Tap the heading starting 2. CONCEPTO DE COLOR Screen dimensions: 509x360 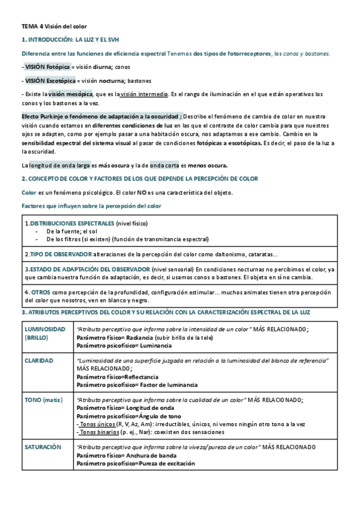(139, 178)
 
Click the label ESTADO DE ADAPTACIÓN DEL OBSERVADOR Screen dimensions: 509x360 (89, 270)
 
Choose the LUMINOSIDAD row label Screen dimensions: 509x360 (45, 329)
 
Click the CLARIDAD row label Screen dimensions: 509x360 (39, 361)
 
